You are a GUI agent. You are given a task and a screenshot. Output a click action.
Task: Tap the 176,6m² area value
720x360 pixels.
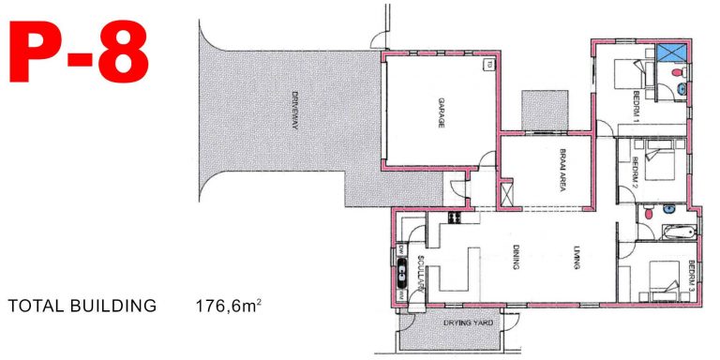[228, 306]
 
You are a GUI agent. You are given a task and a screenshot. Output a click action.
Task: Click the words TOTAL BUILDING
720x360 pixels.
[81, 306]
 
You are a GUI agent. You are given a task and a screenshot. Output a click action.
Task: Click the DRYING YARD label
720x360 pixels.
[469, 324]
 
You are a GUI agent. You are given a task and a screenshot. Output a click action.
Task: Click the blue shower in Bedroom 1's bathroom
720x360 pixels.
[671, 54]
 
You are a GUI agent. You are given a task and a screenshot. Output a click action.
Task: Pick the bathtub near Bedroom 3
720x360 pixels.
[674, 232]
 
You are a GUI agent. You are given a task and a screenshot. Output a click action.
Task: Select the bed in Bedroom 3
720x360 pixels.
[660, 278]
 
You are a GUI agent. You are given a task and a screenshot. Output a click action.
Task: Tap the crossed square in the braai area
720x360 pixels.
[508, 194]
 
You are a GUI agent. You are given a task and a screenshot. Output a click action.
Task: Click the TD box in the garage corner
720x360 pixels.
[489, 65]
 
